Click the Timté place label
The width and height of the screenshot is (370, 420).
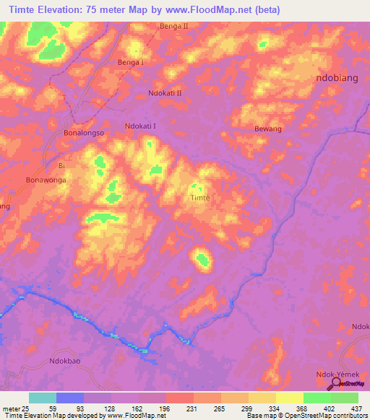(199, 198)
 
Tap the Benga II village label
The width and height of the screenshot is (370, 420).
(173, 27)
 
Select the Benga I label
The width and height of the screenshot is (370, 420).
(131, 63)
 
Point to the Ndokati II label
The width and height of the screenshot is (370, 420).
(165, 94)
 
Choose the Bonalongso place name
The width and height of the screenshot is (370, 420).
(85, 134)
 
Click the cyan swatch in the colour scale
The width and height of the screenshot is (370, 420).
(43, 398)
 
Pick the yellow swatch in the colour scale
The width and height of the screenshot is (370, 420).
(290, 398)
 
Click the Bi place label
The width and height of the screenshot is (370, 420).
(61, 165)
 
